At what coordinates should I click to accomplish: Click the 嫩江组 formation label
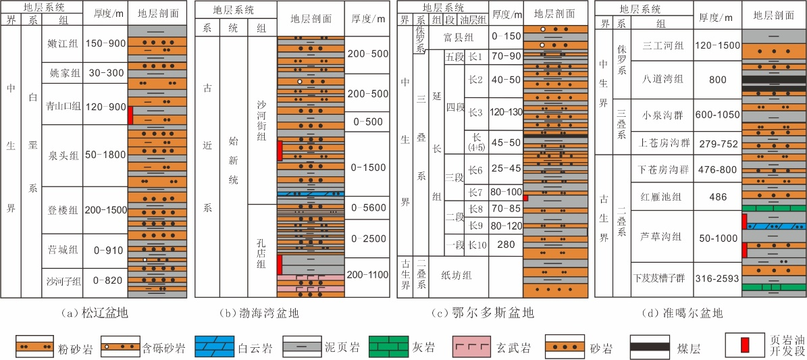(61, 44)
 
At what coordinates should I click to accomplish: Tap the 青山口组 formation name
(61, 107)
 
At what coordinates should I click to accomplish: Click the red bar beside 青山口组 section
(131, 115)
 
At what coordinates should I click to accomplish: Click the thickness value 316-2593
(717, 279)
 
